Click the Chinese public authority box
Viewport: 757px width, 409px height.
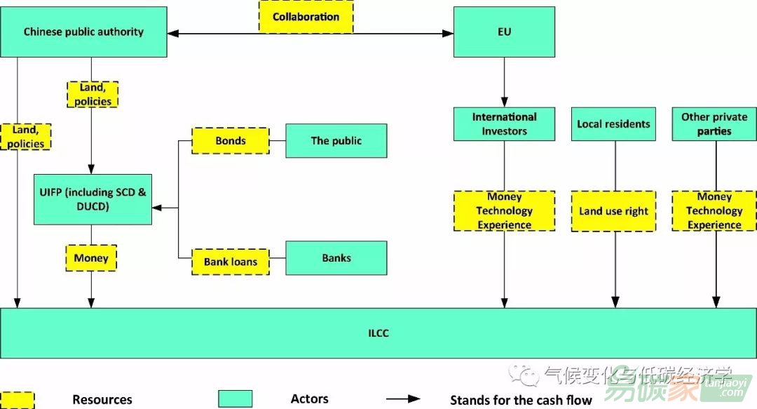pyautogui.click(x=83, y=32)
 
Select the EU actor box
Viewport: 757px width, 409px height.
pyautogui.click(x=504, y=32)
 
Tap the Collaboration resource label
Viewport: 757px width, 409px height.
pyautogui.click(x=306, y=17)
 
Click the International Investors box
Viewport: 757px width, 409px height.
pyautogui.click(x=504, y=124)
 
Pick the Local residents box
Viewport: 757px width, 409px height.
pyautogui.click(x=613, y=124)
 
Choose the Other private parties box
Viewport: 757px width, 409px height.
pyautogui.click(x=714, y=124)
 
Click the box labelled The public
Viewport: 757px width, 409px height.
pyautogui.click(x=336, y=140)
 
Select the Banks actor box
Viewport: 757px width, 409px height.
pyautogui.click(x=336, y=257)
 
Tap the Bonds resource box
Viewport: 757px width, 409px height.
pyautogui.click(x=231, y=140)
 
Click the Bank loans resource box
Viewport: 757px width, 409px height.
pyautogui.click(x=231, y=262)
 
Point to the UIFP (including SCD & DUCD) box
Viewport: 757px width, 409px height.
pyautogui.click(x=93, y=199)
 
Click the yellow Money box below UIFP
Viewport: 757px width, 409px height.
pyautogui.click(x=91, y=257)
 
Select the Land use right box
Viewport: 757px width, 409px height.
pyautogui.click(x=613, y=211)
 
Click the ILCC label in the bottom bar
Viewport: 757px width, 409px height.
pyautogui.click(x=378, y=333)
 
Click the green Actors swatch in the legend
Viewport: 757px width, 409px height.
pyautogui.click(x=235, y=399)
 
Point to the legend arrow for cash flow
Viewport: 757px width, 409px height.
pyautogui.click(x=403, y=399)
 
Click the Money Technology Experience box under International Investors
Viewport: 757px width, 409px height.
pyautogui.click(x=504, y=211)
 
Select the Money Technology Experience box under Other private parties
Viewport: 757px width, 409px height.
pyautogui.click(x=714, y=211)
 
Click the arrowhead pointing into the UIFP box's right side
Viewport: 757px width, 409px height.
pyautogui.click(x=156, y=208)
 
